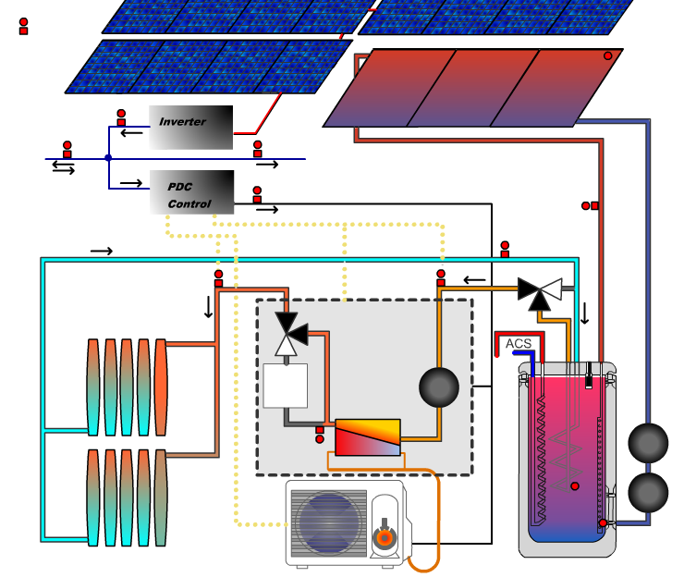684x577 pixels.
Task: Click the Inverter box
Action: (x=190, y=128)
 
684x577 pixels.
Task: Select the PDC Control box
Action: (x=191, y=192)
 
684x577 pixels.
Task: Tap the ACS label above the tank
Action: (x=519, y=344)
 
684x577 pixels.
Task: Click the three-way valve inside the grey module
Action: (x=291, y=334)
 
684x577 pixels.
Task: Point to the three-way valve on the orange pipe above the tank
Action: (x=540, y=292)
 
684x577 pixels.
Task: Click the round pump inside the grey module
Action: (x=439, y=387)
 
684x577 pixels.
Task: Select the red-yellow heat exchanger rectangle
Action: (x=368, y=437)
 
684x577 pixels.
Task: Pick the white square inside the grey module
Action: (x=285, y=386)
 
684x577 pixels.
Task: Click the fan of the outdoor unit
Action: (x=328, y=522)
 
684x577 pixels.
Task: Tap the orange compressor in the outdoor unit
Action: (x=384, y=537)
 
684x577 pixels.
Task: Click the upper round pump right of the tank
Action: (x=649, y=443)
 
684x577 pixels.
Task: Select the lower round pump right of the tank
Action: (x=649, y=493)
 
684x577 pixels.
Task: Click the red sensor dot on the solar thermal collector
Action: (x=608, y=55)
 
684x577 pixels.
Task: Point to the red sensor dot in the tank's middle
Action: (x=575, y=485)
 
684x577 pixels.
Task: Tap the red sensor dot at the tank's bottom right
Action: (x=603, y=522)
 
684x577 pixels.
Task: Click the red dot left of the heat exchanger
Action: (x=320, y=439)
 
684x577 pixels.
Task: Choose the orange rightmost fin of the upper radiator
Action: (x=161, y=387)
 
